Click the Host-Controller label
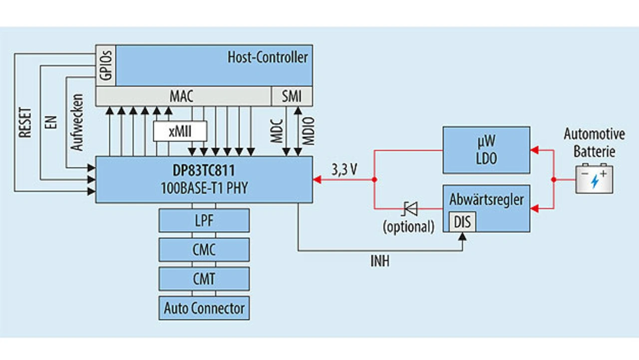tap(268, 57)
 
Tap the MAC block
tap(182, 95)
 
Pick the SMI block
tap(292, 95)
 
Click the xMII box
tap(180, 132)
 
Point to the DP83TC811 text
tap(204, 171)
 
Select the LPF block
tap(204, 221)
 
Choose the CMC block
tap(204, 250)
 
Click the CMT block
tap(204, 279)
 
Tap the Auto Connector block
tap(204, 308)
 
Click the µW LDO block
tap(486, 150)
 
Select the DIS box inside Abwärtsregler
tap(462, 222)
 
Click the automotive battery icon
tap(594, 179)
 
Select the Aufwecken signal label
tap(77, 122)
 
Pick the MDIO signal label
tap(309, 131)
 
